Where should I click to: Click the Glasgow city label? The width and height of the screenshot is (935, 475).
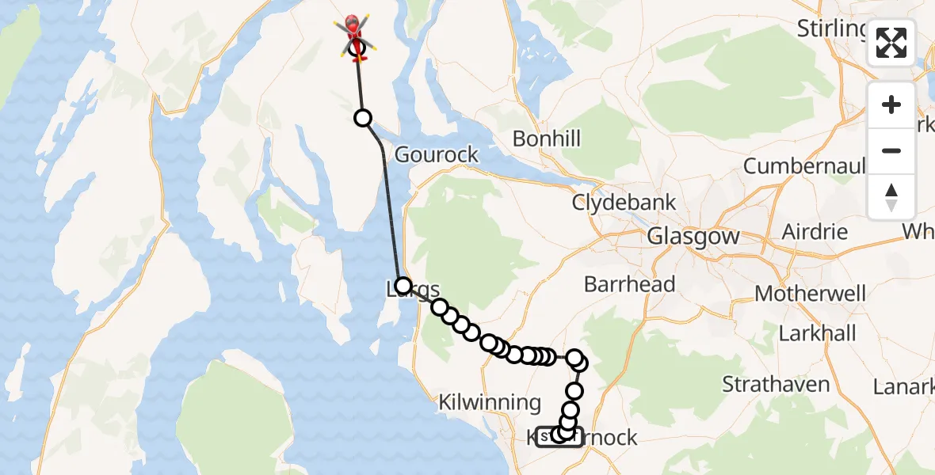pos(693,236)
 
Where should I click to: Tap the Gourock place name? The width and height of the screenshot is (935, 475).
pos(437,154)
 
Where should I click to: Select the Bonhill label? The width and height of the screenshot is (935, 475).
pos(546,139)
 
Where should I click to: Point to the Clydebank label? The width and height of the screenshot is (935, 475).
pos(624,203)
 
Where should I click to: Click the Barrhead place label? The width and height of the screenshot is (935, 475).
pos(629,284)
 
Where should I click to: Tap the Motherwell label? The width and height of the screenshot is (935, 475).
pos(810,294)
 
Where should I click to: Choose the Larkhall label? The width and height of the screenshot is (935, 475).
pos(817,333)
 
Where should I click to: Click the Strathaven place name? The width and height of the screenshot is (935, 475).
pos(776,386)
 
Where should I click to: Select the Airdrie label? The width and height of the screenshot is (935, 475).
pos(815,233)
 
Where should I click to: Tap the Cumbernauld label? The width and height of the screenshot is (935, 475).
pos(805,166)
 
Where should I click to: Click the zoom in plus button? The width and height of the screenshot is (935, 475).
pos(891,104)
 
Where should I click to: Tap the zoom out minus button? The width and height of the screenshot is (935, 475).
pos(891,150)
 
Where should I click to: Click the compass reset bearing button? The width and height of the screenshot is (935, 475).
pos(891,196)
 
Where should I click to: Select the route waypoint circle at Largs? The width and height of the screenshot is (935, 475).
pos(403,286)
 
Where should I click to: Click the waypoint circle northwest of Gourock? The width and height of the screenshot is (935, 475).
pos(362,118)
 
